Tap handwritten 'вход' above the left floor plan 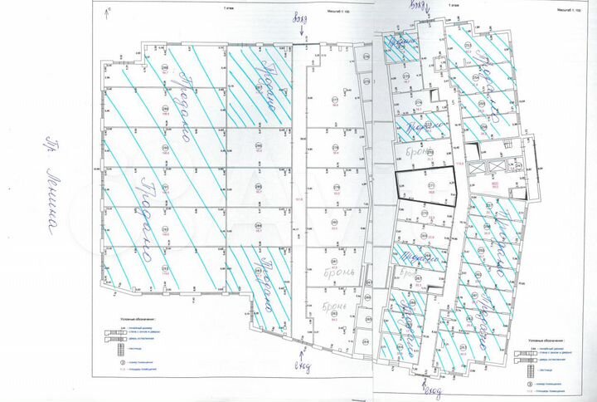(299, 19)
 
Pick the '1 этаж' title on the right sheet (453, 7)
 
